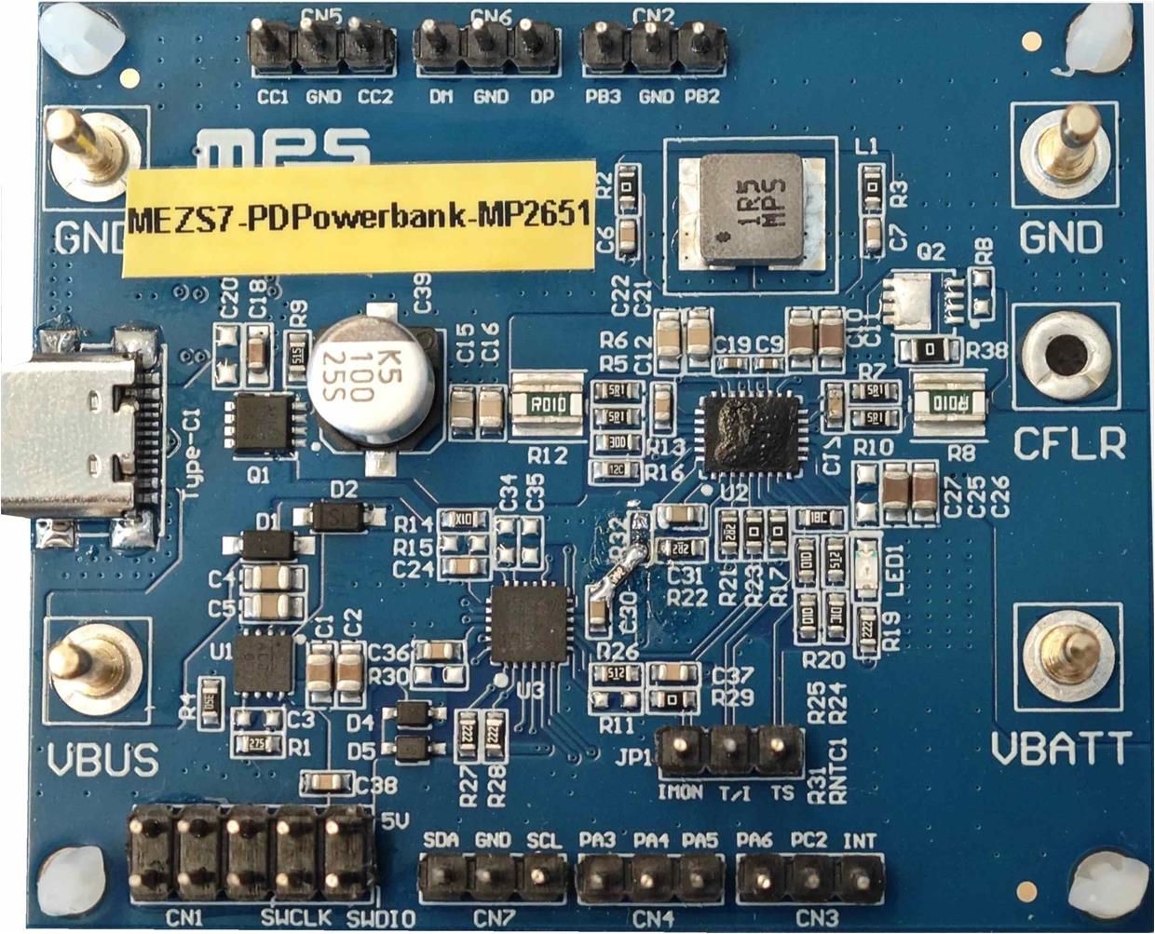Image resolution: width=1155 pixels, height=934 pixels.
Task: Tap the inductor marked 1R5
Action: [x=751, y=209]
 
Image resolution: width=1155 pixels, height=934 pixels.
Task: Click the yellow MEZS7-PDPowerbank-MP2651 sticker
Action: [x=360, y=216]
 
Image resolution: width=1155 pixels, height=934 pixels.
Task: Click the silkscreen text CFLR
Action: [x=1068, y=445]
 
